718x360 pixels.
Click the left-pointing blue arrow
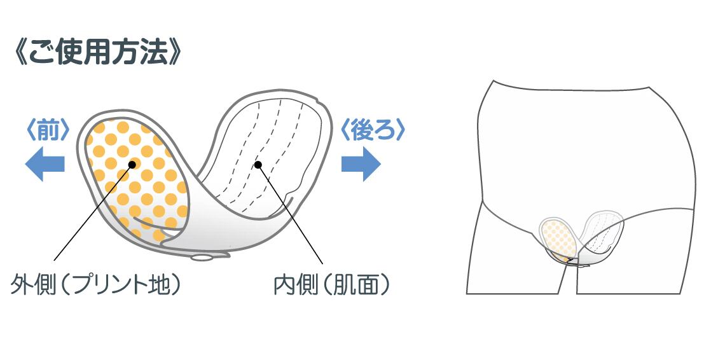(x=45, y=163)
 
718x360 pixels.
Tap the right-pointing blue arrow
(x=361, y=163)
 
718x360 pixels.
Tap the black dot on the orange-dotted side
(x=132, y=164)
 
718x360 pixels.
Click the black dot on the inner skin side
(x=258, y=165)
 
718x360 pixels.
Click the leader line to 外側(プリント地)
(x=92, y=212)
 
